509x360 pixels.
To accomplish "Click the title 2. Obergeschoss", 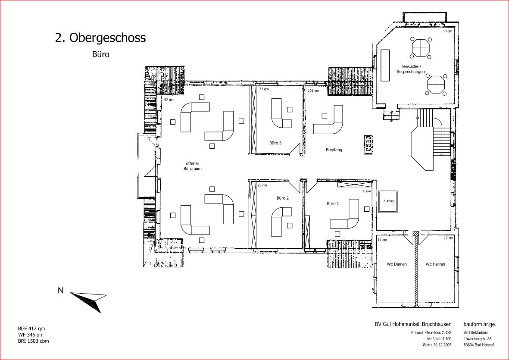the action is pos(100,38).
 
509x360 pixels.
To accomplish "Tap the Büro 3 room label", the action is pos(275,143).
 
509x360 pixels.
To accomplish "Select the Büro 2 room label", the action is pos(283,198).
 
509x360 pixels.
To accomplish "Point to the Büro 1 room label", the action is pos(333,203).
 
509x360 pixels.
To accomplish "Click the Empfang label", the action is pos(334,150).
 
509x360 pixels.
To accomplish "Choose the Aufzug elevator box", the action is pos(388,201).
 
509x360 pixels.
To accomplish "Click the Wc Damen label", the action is pos(397,264).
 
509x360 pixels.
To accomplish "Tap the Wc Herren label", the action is pos(435,264).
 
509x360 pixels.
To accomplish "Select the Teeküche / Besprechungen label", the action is pos(411,69).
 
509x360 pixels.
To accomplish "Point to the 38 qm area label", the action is pos(447,31).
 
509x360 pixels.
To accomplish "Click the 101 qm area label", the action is pos(313,91).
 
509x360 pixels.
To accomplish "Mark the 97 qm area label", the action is pos(169,100).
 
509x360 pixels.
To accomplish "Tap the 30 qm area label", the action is pos(366,191).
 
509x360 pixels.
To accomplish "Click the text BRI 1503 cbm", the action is pos(34,341).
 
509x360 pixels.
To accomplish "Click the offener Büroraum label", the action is pos(193,166).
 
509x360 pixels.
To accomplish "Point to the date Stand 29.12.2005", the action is pos(437,345).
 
